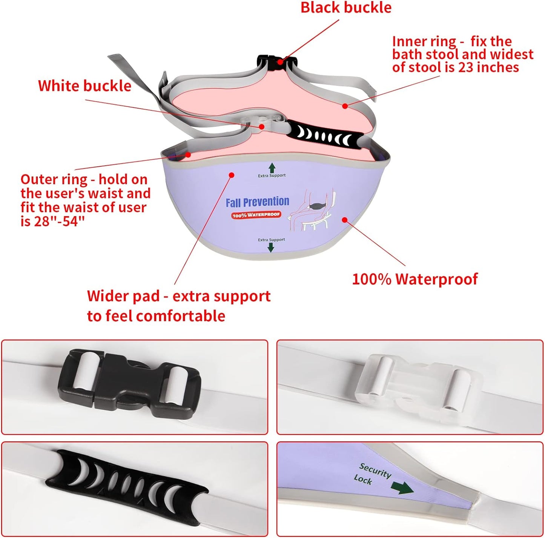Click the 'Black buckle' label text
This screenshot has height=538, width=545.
click(345, 8)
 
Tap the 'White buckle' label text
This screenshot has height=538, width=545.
click(84, 86)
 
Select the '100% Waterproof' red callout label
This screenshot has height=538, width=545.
click(415, 279)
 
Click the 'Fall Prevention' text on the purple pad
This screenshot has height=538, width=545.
click(257, 202)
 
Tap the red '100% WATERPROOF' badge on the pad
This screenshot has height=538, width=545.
click(256, 215)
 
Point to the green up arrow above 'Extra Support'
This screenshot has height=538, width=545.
click(272, 168)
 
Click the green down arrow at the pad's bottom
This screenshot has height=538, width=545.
click(271, 247)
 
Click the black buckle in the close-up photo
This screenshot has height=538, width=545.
click(129, 386)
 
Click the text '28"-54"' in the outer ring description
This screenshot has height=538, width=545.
click(59, 222)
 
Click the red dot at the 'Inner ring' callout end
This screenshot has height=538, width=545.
click(345, 106)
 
